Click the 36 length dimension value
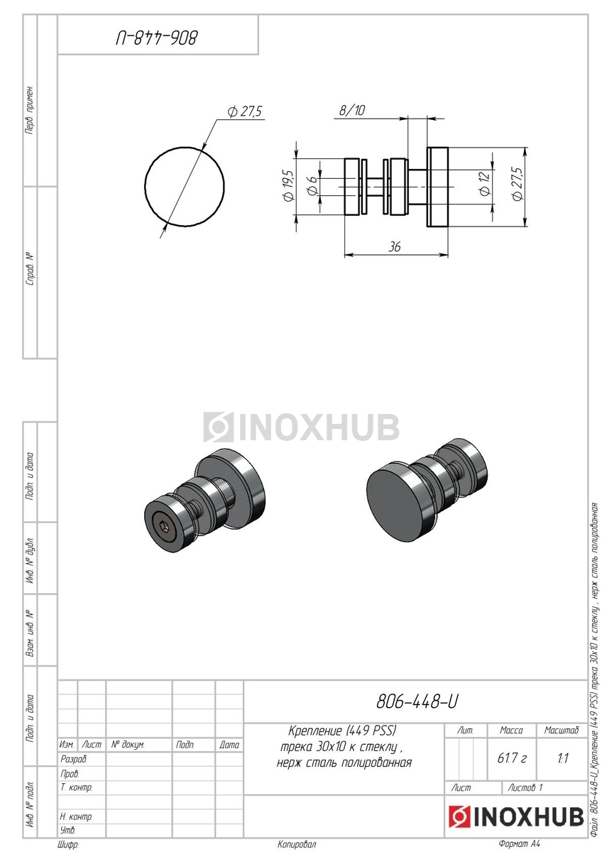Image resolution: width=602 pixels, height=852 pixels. tap(395, 247)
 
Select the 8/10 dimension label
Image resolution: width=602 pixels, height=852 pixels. tap(352, 110)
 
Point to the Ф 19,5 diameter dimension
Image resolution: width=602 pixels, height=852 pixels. tap(289, 185)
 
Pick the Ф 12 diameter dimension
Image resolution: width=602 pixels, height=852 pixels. tap(485, 183)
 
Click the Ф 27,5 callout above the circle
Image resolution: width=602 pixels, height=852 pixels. tap(246, 112)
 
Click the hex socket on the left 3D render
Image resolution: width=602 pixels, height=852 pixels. tap(164, 528)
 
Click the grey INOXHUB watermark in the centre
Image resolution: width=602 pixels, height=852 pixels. tap(301, 427)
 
